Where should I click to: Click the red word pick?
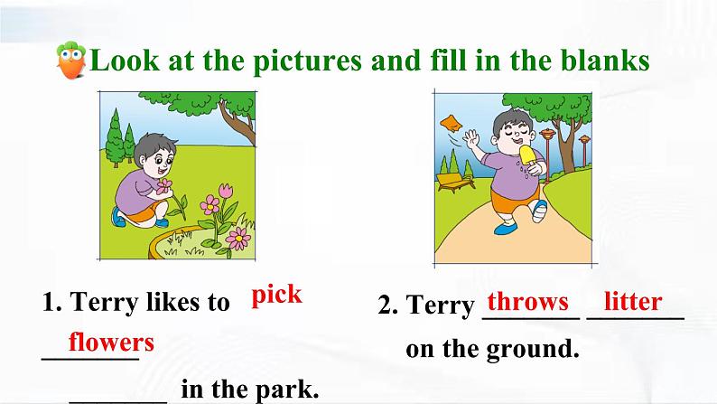[276, 296]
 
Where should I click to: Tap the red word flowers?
[111, 342]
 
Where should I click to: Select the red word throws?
[528, 302]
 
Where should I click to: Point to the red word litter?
[633, 301]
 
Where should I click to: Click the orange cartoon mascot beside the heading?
[70, 60]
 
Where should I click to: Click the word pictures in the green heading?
[307, 61]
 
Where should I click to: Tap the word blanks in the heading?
[605, 60]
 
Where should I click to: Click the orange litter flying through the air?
[452, 123]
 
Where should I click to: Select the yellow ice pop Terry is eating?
[527, 155]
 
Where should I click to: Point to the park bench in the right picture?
[455, 182]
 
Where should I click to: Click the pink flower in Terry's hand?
[163, 186]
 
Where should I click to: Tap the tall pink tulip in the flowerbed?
[226, 190]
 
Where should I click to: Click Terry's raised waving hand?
[470, 137]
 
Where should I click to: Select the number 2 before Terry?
[387, 305]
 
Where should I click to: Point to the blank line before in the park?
[118, 401]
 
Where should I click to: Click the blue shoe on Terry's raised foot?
[540, 211]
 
